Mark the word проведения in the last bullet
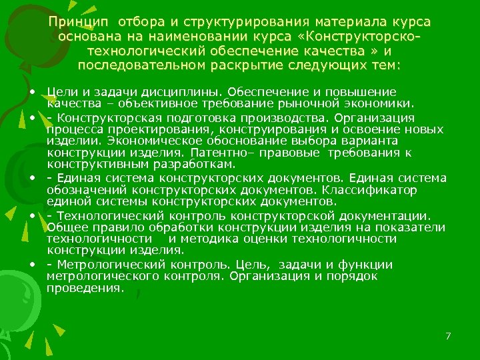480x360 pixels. click(85, 289)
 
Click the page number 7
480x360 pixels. click(449, 336)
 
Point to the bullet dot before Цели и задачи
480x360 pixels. click(32, 91)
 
